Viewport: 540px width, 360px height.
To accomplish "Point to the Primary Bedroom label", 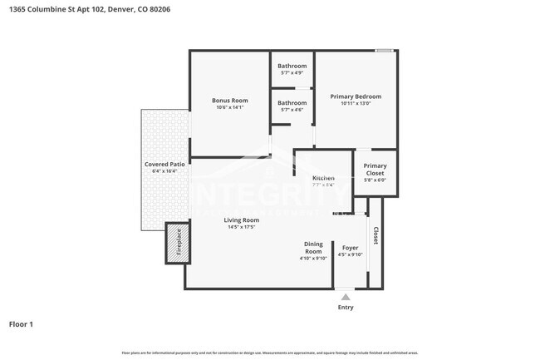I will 356,96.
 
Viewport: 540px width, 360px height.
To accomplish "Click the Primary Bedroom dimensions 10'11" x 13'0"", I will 356,104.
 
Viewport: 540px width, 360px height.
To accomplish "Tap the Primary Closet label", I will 375,170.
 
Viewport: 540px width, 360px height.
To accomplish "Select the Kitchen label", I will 323,178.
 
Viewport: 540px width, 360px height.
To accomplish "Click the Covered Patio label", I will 164,165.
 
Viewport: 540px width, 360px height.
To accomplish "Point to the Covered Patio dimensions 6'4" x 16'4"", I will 164,172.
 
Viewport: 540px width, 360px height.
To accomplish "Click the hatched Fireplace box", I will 176,244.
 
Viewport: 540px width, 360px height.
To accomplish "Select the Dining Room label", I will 313,248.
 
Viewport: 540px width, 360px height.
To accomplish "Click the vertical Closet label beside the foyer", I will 376,236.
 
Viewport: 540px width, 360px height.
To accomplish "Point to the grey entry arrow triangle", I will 345,295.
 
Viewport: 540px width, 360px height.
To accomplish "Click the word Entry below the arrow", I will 345,308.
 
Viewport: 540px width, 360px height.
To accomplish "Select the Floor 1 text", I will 21,324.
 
